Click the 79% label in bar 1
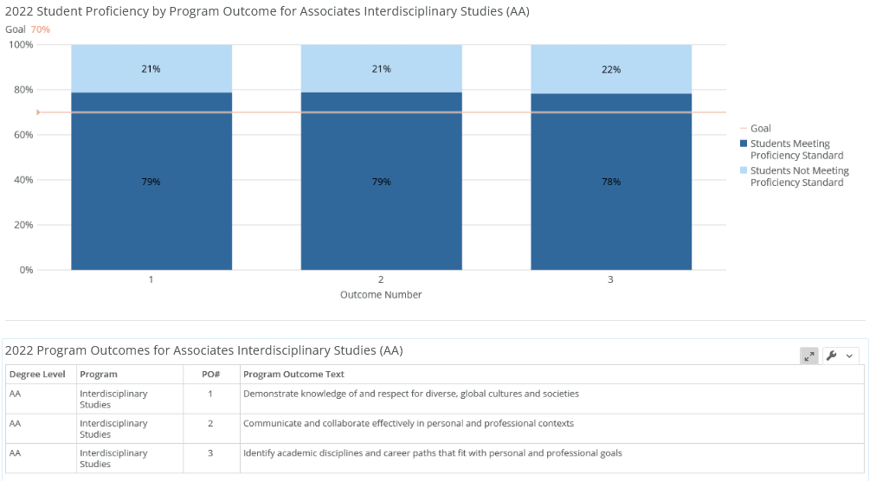pos(151,182)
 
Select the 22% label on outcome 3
pos(610,69)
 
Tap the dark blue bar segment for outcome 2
pos(381,216)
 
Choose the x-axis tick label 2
pos(381,279)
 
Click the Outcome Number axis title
pos(381,295)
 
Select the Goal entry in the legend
pos(760,128)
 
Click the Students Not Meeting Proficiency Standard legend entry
pos(799,176)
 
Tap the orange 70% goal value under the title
pos(41,29)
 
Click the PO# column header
pos(210,375)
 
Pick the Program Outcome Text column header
pos(293,375)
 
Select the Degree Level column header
pos(37,375)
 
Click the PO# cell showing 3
pos(210,453)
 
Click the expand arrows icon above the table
pos(808,356)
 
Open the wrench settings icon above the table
pos(832,356)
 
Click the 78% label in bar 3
pos(610,182)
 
